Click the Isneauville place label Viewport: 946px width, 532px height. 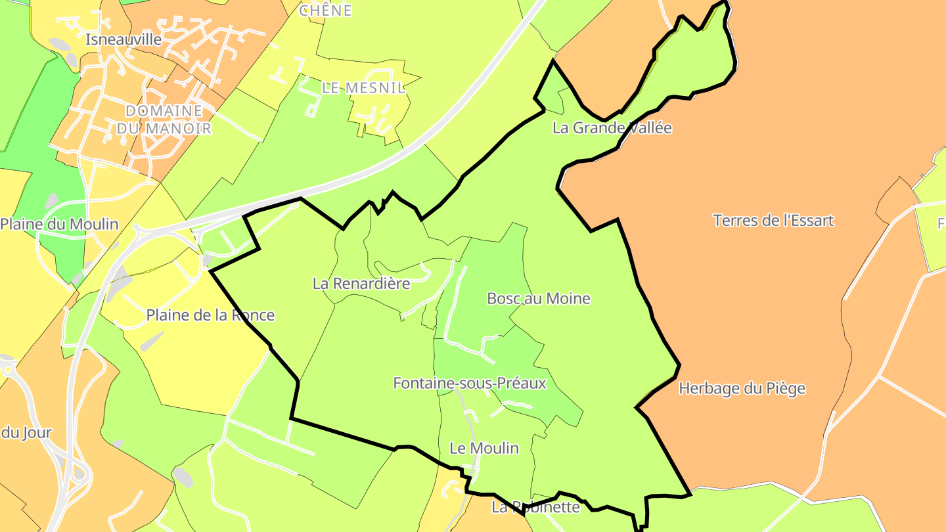pyautogui.click(x=124, y=39)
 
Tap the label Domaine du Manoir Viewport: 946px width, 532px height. pyautogui.click(x=164, y=120)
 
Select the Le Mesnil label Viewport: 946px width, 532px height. pyautogui.click(x=363, y=88)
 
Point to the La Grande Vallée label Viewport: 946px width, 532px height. pyautogui.click(x=612, y=128)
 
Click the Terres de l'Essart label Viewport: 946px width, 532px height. pyautogui.click(x=773, y=221)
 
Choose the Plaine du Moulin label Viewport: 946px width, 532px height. pyautogui.click(x=59, y=225)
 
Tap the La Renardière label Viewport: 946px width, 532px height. pyautogui.click(x=361, y=284)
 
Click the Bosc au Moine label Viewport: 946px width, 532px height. pyautogui.click(x=539, y=299)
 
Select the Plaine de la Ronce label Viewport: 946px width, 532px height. pyautogui.click(x=210, y=315)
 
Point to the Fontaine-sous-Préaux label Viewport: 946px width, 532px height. pyautogui.click(x=470, y=383)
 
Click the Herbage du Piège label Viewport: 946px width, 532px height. pyautogui.click(x=742, y=389)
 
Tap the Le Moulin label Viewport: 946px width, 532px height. pyautogui.click(x=484, y=449)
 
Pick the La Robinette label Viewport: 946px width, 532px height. pyautogui.click(x=536, y=507)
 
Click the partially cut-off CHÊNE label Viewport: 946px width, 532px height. pyautogui.click(x=326, y=11)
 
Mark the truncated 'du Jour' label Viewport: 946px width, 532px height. pyautogui.click(x=26, y=433)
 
